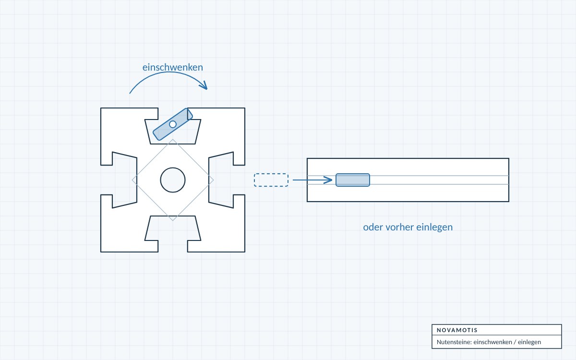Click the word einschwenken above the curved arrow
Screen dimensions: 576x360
[172, 67]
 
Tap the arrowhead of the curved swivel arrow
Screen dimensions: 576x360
[204, 85]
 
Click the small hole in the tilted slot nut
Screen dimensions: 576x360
[173, 124]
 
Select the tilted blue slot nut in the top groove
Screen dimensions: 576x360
[173, 124]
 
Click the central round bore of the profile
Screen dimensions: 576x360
[173, 180]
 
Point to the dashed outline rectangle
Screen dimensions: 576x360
[271, 180]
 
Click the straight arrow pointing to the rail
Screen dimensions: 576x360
[312, 180]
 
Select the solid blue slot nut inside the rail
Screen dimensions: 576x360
[353, 180]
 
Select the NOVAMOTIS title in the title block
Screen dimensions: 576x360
[457, 330]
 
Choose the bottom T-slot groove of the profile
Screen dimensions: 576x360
[173, 233]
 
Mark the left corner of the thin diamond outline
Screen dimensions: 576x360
[132, 180]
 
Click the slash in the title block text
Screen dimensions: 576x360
[515, 342]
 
